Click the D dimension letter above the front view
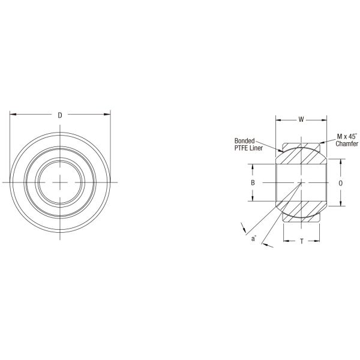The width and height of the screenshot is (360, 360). click(x=59, y=114)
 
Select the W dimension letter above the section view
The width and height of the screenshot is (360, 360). click(x=301, y=119)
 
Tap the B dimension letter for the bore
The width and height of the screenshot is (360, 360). click(x=253, y=182)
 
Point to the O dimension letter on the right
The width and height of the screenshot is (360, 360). click(x=341, y=182)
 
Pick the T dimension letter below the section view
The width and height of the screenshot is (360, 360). click(x=301, y=241)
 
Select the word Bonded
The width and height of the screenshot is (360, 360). click(x=244, y=137)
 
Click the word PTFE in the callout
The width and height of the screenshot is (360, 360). click(x=240, y=144)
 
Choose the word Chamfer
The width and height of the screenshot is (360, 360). click(x=347, y=144)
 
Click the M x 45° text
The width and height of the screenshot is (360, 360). click(x=346, y=137)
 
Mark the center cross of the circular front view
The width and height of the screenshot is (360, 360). click(x=59, y=182)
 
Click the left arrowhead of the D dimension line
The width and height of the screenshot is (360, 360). click(x=13, y=114)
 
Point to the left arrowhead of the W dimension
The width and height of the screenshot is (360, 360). click(x=278, y=119)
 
